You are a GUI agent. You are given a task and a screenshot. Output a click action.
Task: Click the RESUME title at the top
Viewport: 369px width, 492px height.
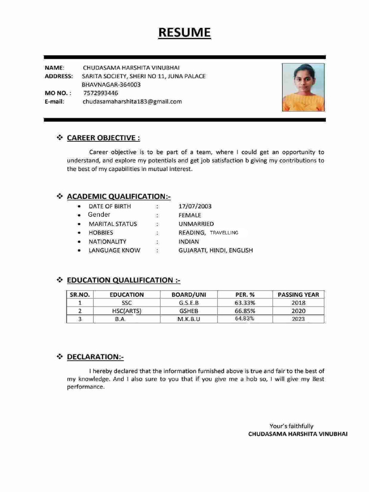tap(184, 33)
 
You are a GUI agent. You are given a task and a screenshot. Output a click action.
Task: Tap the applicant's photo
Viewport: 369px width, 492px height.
tap(303, 88)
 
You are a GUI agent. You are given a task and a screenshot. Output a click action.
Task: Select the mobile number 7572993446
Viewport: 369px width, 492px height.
tap(100, 93)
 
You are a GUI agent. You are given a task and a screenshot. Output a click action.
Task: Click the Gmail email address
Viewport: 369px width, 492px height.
tap(132, 101)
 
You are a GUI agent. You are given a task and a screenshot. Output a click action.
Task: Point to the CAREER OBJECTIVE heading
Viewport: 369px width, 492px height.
tap(103, 138)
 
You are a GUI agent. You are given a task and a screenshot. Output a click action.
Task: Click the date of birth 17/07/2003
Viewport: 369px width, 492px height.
tap(195, 207)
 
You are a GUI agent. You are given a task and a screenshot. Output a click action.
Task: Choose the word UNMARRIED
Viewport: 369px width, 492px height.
tap(196, 224)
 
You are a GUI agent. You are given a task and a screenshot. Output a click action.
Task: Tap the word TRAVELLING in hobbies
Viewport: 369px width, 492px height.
tap(224, 233)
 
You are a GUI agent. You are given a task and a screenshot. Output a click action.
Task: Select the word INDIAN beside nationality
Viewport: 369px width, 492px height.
tap(188, 242)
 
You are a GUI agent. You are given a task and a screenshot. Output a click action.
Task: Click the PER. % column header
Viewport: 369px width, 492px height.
tap(245, 295)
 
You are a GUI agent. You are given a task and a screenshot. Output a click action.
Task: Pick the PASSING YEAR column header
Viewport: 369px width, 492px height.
tap(298, 295)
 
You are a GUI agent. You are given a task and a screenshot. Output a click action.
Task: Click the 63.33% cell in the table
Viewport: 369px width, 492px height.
tap(245, 303)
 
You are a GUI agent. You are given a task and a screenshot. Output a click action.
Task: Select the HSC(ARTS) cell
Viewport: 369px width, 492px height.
tap(126, 311)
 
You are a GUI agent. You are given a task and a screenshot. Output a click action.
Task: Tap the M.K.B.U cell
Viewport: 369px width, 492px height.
tap(188, 319)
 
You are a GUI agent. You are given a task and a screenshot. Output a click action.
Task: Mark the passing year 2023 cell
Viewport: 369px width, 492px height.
tap(298, 319)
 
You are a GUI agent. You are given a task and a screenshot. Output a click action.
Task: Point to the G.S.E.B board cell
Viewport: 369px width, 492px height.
tap(188, 303)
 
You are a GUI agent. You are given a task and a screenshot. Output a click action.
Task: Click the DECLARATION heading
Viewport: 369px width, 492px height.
tap(95, 357)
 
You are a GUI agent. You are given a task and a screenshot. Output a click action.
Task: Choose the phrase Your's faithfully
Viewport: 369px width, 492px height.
tap(291, 426)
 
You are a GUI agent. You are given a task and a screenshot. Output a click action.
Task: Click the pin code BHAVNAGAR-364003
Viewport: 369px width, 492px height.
tap(111, 85)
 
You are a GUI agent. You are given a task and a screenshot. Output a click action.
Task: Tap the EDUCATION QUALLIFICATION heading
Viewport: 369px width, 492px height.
tap(123, 280)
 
